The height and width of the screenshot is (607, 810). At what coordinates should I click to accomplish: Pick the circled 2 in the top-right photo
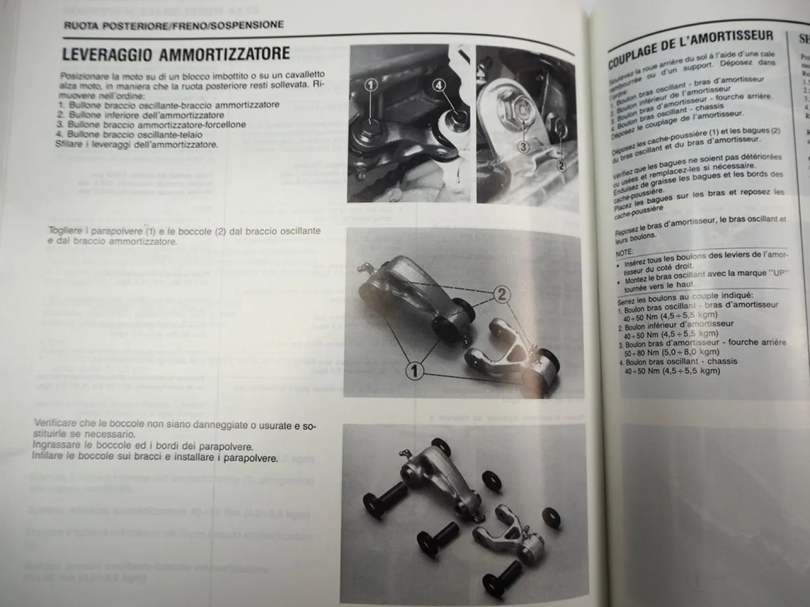click(561, 166)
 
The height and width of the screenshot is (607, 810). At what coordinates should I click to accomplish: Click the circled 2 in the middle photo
click(502, 294)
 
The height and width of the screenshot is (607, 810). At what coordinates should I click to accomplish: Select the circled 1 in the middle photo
click(414, 371)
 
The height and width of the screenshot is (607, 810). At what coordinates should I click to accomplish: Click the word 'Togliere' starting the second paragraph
click(65, 231)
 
